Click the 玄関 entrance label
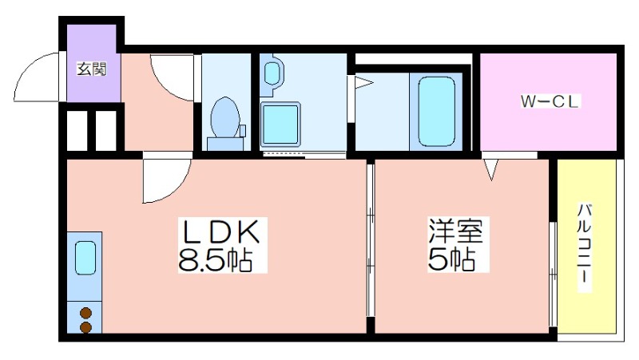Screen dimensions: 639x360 [x=92, y=69]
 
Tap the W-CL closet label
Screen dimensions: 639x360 [x=550, y=101]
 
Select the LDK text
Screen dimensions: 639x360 [x=222, y=231]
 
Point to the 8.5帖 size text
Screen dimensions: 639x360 [x=215, y=259]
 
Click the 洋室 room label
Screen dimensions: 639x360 [x=455, y=231]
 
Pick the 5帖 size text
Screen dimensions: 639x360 [x=451, y=259]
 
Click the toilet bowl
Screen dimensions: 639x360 [x=224, y=117]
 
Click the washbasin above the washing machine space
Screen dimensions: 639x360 [x=272, y=73]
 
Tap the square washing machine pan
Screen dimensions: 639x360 [x=280, y=125]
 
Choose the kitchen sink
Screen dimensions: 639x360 [x=85, y=258]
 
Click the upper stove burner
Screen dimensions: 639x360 [x=85, y=313]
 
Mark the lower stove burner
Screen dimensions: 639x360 [x=85, y=327]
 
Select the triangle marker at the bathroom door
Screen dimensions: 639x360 [x=363, y=83]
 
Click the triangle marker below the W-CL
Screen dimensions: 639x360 [x=491, y=168]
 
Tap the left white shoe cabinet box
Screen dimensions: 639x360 [x=77, y=130]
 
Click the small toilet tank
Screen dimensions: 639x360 [x=243, y=130]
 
